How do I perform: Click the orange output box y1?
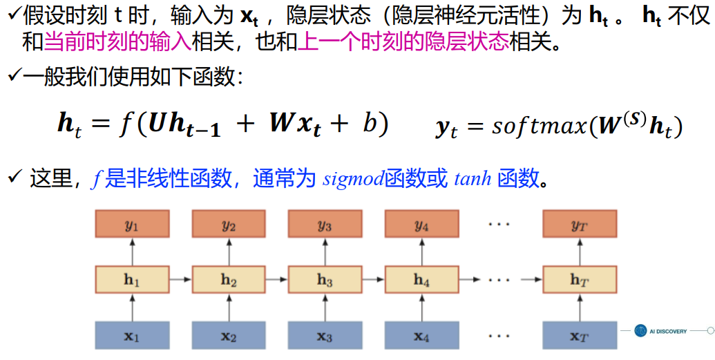pos(132,225)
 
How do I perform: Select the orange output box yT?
pos(580,225)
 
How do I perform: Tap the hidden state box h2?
pos(229,281)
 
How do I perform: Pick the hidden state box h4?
pos(421,281)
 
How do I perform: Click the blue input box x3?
pos(325,337)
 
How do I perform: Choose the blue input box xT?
pos(580,337)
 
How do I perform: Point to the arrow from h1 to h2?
pos(180,281)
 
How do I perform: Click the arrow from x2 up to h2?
pos(229,308)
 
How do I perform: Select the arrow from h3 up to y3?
pos(325,253)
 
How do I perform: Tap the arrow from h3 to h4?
pos(373,281)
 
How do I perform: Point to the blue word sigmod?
pos(354,179)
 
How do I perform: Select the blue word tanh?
pos(473,179)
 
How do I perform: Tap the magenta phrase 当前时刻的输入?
pos(117,44)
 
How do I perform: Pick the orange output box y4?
pos(421,225)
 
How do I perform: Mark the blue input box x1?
pos(132,337)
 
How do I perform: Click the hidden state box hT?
pos(580,281)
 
